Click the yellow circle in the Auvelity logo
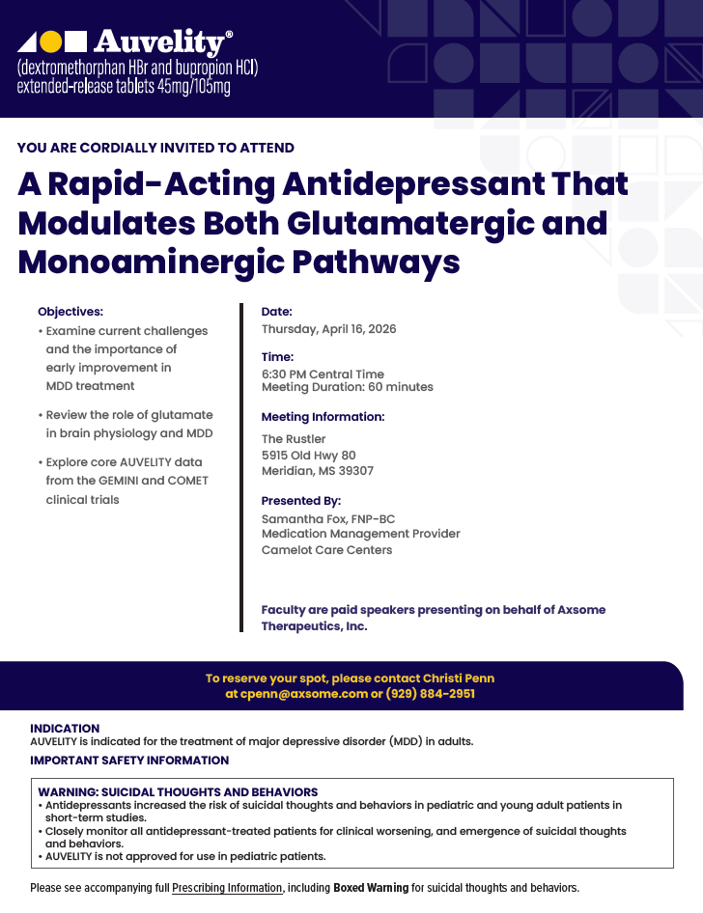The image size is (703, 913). pos(50,41)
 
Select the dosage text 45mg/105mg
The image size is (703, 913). pos(194,87)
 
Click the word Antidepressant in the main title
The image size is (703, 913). pos(413,184)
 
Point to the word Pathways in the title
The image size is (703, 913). pos(376,262)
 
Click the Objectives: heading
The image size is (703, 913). pos(70,312)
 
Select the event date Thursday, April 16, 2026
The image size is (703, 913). pos(328,329)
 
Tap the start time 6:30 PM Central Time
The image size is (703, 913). pos(323,373)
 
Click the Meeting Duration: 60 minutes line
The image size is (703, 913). pos(347,387)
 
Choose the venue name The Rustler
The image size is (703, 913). pos(294,439)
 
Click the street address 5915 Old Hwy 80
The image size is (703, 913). pos(309,456)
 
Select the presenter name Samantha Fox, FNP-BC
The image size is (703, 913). pos(328,519)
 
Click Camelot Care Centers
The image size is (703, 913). pos(326,550)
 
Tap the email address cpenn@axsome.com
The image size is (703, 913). pos(304,694)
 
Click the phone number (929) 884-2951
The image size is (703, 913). pos(430,694)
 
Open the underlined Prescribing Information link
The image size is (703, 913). pos(227,888)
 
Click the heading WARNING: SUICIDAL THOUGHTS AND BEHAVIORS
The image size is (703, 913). pos(178,792)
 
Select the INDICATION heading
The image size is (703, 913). pos(65,729)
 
